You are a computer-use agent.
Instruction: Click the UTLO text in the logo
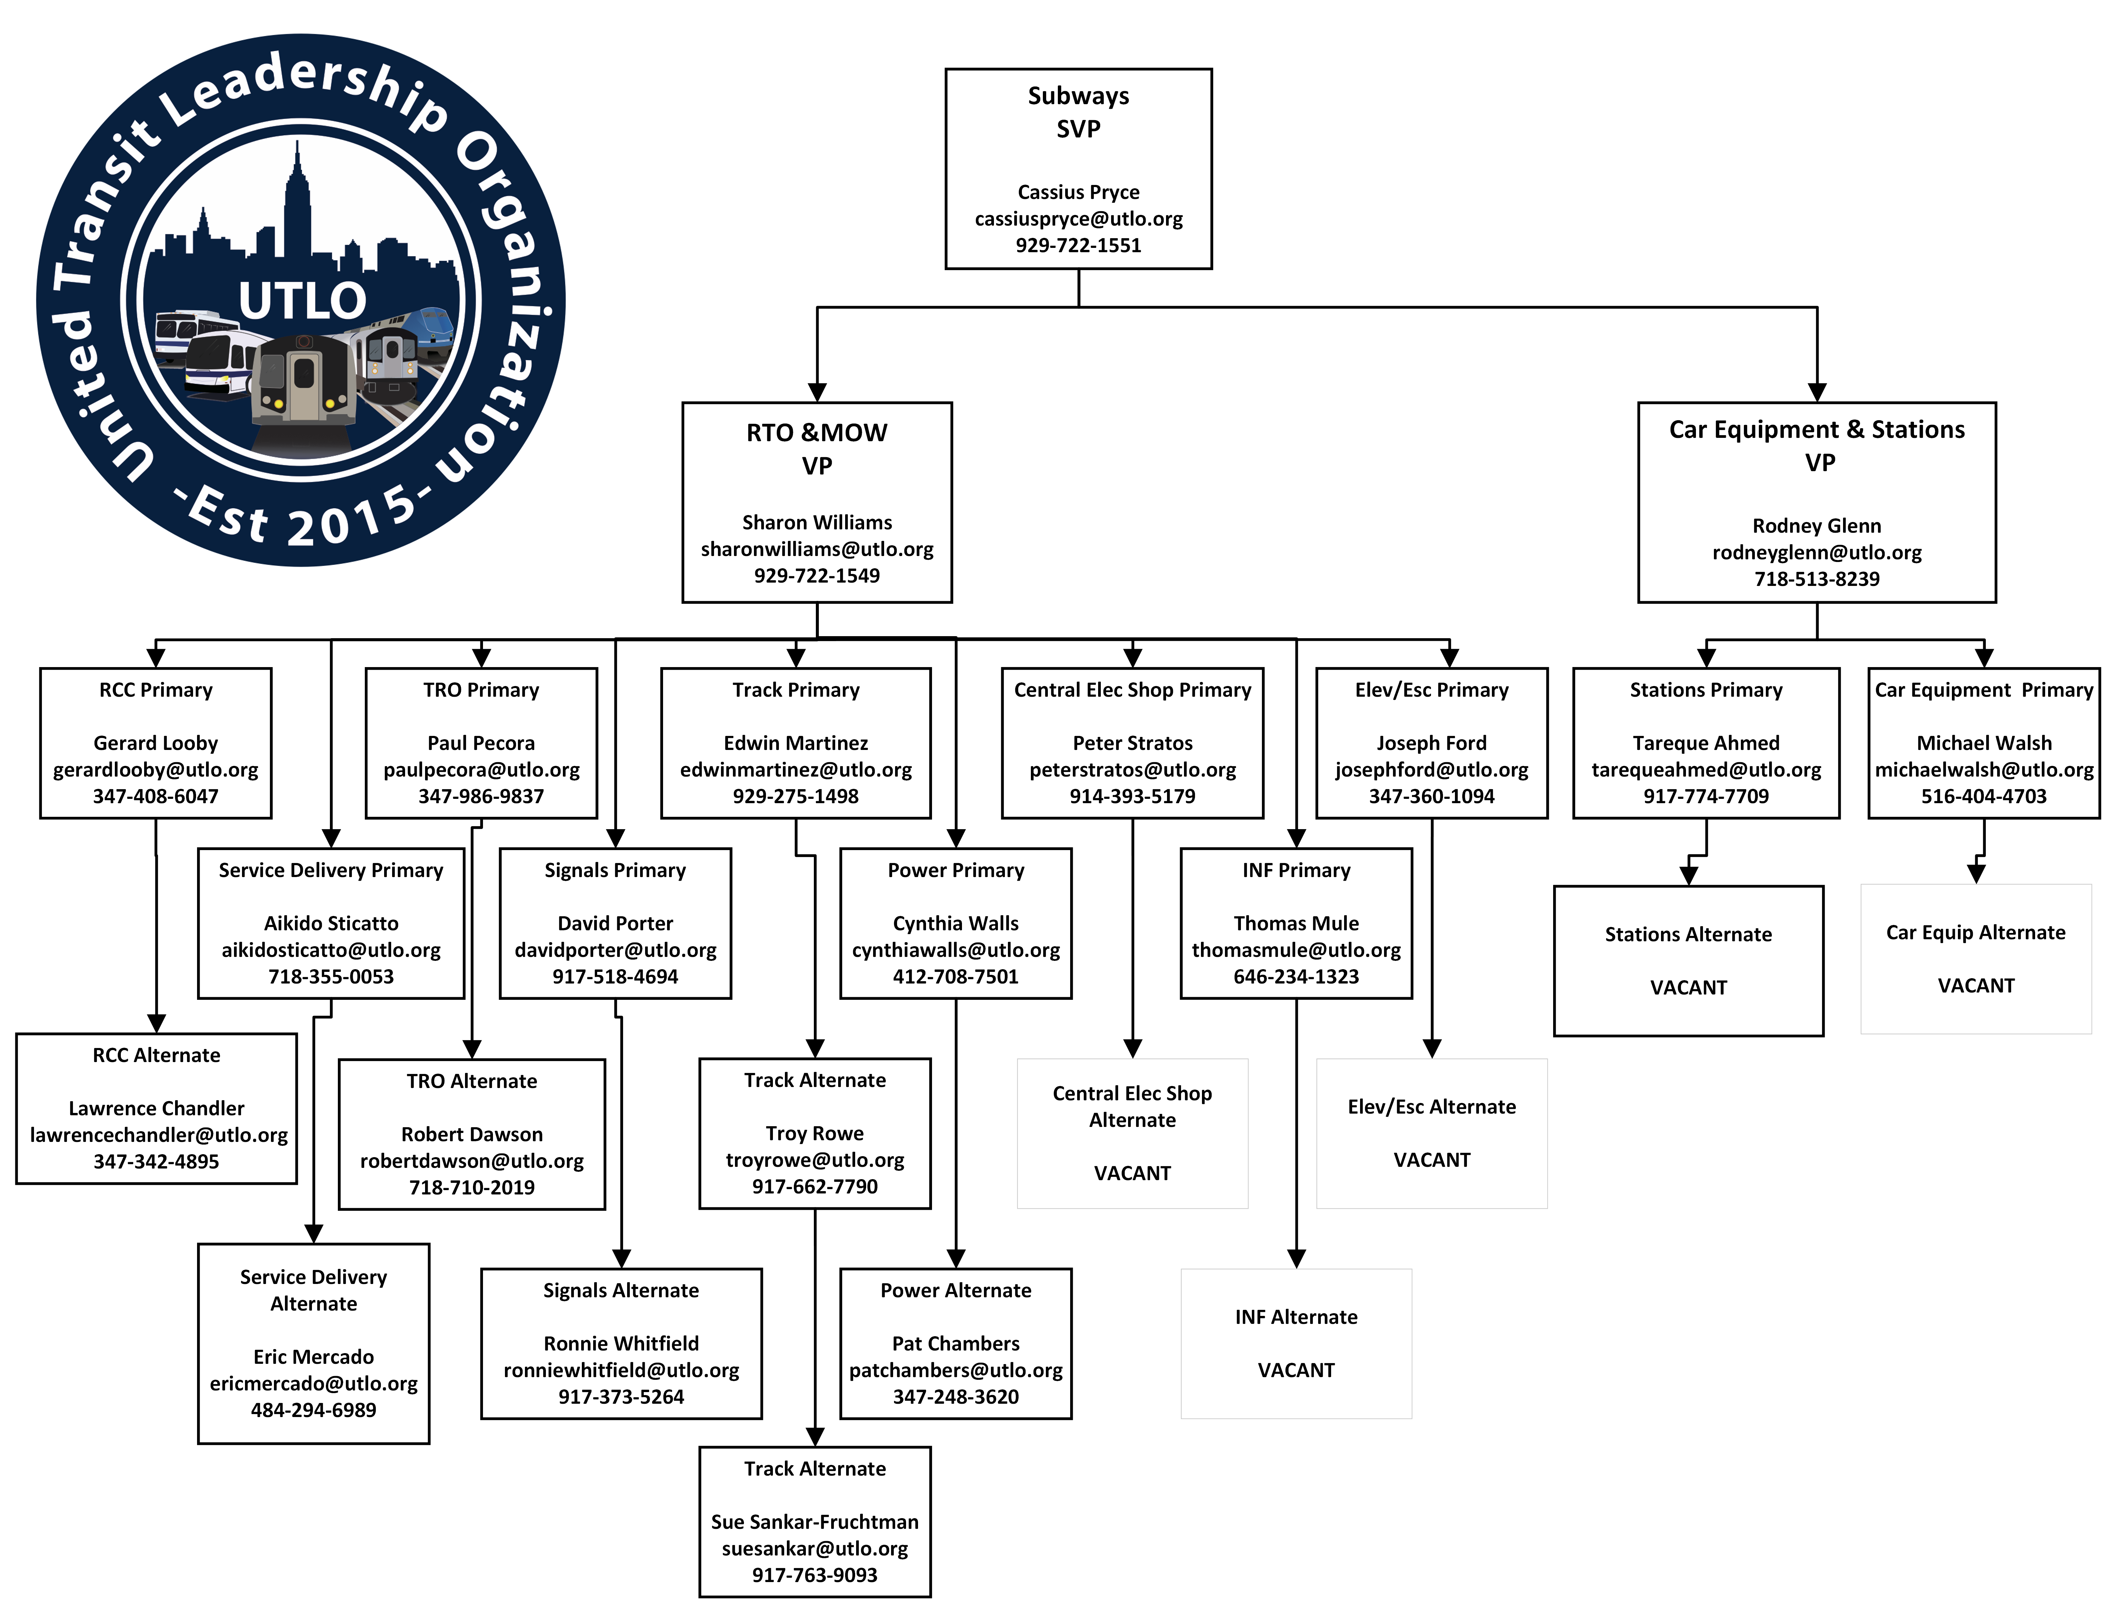point(303,300)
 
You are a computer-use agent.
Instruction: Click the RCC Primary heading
point(155,690)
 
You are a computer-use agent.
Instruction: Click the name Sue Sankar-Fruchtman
point(815,1522)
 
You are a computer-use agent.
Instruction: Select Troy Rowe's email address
point(815,1160)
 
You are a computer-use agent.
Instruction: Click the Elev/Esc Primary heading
point(1431,690)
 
